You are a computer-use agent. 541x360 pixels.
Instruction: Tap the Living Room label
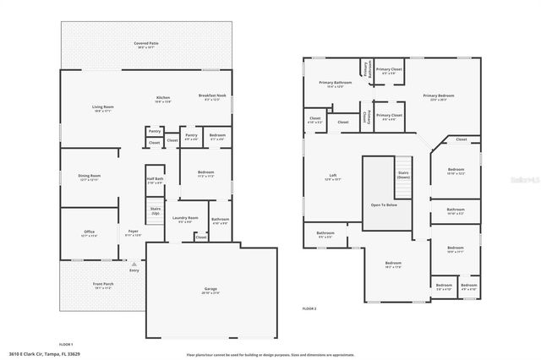[x=103, y=107]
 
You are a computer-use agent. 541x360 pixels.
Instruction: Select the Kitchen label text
[x=163, y=98]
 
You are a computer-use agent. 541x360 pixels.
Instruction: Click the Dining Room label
[x=90, y=177]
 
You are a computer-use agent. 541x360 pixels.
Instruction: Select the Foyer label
[x=134, y=232]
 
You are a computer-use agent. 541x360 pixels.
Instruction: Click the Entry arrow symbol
[x=133, y=264]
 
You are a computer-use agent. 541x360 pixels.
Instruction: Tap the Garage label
[x=210, y=290]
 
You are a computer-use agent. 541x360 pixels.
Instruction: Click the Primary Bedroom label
[x=439, y=96]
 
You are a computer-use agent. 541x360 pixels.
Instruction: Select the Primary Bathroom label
[x=336, y=83]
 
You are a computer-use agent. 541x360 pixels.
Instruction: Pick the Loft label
[x=333, y=177]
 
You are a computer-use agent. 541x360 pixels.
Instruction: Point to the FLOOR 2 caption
[x=309, y=308]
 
